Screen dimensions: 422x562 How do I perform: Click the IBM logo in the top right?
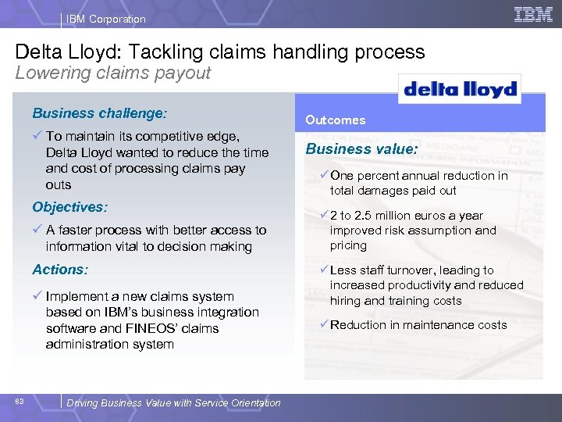[533, 15]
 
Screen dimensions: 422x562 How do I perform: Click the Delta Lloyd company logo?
[460, 89]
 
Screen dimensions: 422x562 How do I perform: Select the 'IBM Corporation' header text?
[105, 19]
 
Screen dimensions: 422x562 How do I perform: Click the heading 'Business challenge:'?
[99, 113]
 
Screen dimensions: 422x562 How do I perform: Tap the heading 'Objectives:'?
[69, 207]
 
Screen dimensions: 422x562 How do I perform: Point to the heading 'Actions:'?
[60, 270]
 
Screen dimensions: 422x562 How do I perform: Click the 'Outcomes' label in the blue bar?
[335, 120]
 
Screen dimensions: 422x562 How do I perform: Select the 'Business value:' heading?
[362, 148]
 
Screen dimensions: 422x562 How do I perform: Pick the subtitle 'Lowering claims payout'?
[113, 73]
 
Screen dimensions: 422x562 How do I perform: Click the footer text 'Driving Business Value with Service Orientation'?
[173, 403]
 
